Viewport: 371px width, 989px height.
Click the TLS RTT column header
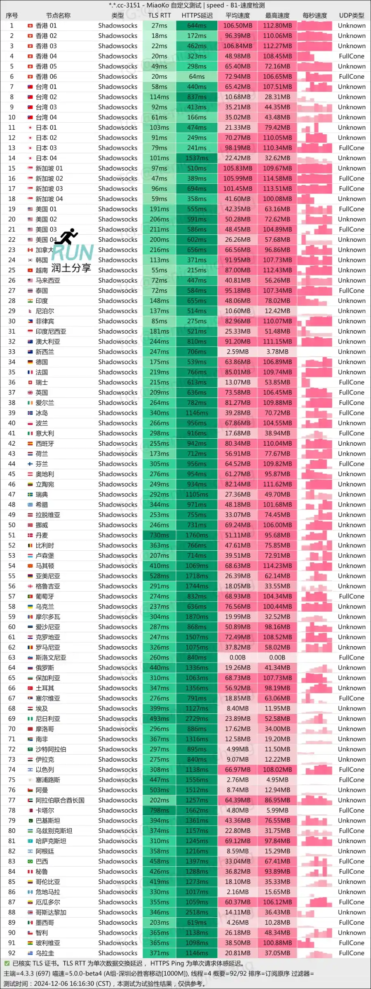(159, 16)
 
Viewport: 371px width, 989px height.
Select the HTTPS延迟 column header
(197, 16)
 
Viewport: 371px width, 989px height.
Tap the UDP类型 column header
(351, 16)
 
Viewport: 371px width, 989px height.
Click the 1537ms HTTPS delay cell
(197, 158)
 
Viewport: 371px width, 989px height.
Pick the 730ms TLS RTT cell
(159, 535)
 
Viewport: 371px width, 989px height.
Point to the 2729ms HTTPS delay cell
(197, 719)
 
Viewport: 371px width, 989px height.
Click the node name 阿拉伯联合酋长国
(60, 800)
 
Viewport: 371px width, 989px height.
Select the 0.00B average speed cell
(238, 657)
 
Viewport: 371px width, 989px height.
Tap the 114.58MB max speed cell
(277, 178)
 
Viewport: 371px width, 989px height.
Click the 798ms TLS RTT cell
(159, 810)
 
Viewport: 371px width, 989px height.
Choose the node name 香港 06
(46, 77)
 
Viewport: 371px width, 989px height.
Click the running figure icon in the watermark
(67, 236)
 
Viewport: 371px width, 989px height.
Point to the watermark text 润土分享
(71, 268)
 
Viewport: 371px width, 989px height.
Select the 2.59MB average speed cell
(238, 352)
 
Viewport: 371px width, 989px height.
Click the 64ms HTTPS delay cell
(197, 77)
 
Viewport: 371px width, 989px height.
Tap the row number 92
(12, 953)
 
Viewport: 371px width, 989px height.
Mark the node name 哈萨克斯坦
(51, 841)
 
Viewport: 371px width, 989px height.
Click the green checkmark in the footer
(7, 963)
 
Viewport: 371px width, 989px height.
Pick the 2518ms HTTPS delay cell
(197, 912)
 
